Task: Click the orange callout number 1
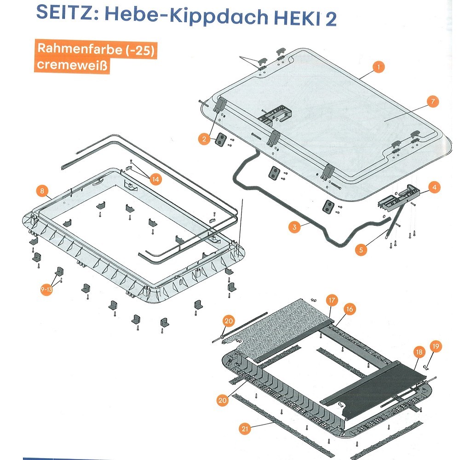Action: tap(379, 67)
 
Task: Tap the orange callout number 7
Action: tap(433, 102)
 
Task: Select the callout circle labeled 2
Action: tap(204, 139)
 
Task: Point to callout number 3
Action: tap(294, 227)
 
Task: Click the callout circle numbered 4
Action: tap(434, 187)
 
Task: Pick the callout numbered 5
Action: tap(361, 250)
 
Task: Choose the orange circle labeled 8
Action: tap(42, 191)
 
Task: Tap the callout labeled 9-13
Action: tap(46, 289)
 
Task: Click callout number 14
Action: tap(155, 179)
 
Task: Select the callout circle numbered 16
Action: tap(350, 309)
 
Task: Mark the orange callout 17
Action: tap(332, 300)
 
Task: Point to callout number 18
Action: tap(419, 352)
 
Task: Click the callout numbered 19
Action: tap(436, 346)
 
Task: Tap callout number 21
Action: tap(245, 429)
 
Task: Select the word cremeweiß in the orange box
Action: tap(72, 64)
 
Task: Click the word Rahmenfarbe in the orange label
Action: tap(80, 48)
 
